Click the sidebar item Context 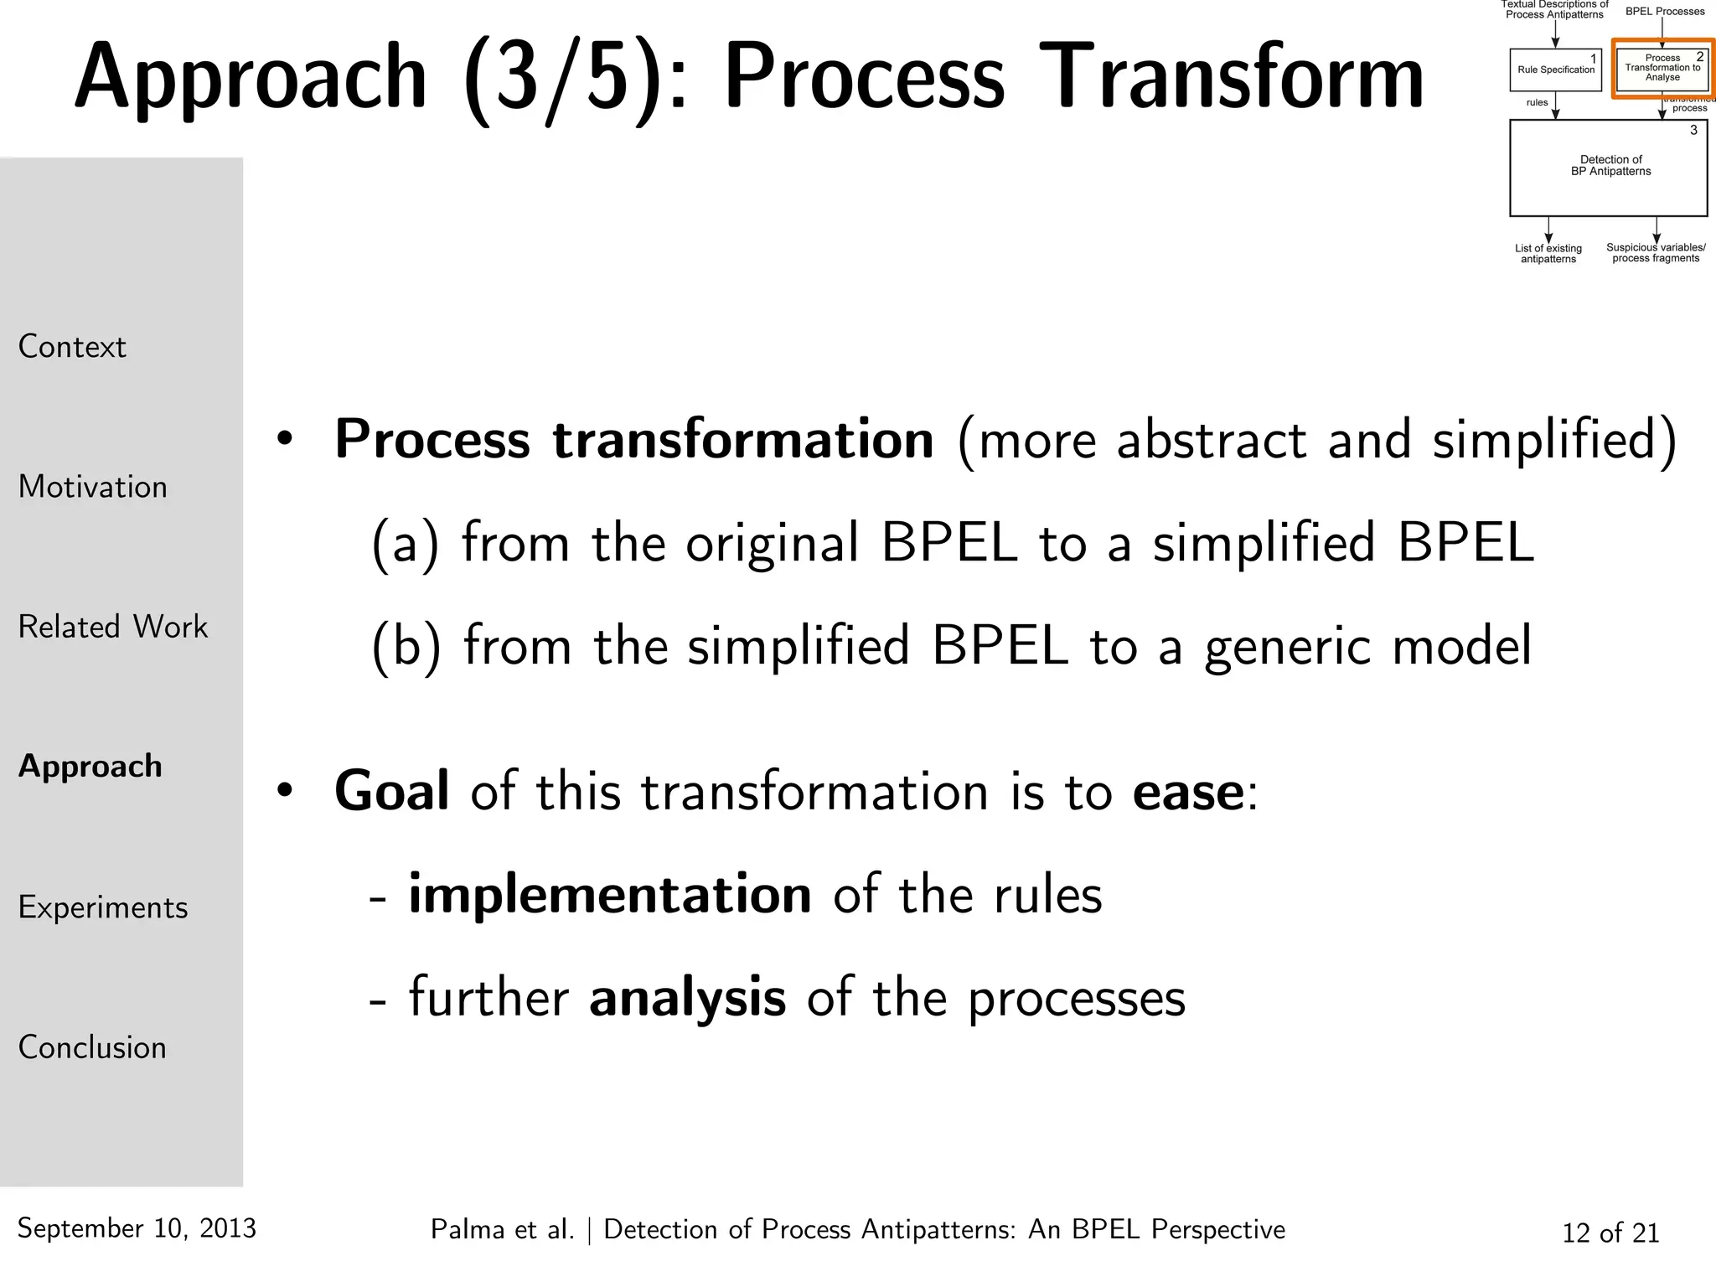(72, 347)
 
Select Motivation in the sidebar (92, 487)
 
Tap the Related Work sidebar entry (112, 627)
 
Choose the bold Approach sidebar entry (90, 767)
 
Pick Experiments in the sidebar (102, 907)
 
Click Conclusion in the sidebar (92, 1047)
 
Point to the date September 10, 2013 (137, 1228)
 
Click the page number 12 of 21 (1610, 1233)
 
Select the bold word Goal (391, 791)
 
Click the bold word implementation (609, 895)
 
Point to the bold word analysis (687, 998)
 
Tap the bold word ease (1188, 793)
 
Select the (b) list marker (406, 647)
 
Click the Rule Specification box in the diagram (1555, 70)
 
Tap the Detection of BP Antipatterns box (1609, 168)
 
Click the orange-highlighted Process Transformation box (1662, 68)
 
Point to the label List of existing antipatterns (1548, 253)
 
